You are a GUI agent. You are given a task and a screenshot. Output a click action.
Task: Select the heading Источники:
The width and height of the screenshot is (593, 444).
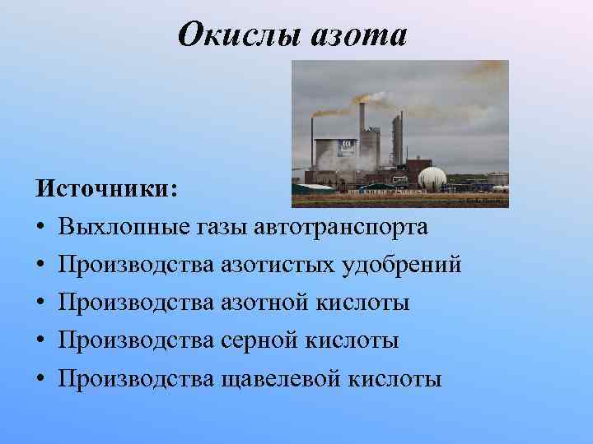[106, 188]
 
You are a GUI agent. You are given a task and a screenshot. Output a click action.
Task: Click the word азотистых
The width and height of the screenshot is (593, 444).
[274, 265]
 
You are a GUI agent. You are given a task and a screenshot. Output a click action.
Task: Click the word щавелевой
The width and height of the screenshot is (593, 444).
[280, 378]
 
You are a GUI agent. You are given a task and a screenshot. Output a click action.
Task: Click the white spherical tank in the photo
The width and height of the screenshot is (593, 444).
[433, 178]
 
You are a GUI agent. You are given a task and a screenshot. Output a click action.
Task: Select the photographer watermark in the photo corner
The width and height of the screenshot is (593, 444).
[485, 200]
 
